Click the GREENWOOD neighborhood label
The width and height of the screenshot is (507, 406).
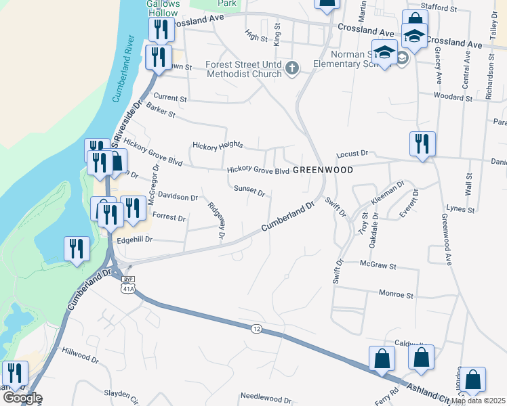323,171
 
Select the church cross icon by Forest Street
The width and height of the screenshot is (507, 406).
292,68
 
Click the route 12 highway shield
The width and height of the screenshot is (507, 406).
256,328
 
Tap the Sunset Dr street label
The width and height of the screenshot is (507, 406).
250,191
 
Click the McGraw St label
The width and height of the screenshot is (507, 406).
378,266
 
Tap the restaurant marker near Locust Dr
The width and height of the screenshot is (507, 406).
421,144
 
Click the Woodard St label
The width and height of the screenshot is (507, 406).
453,97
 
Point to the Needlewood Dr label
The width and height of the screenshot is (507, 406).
266,399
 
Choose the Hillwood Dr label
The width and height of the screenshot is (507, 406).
80,352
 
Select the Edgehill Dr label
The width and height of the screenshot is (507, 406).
136,240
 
